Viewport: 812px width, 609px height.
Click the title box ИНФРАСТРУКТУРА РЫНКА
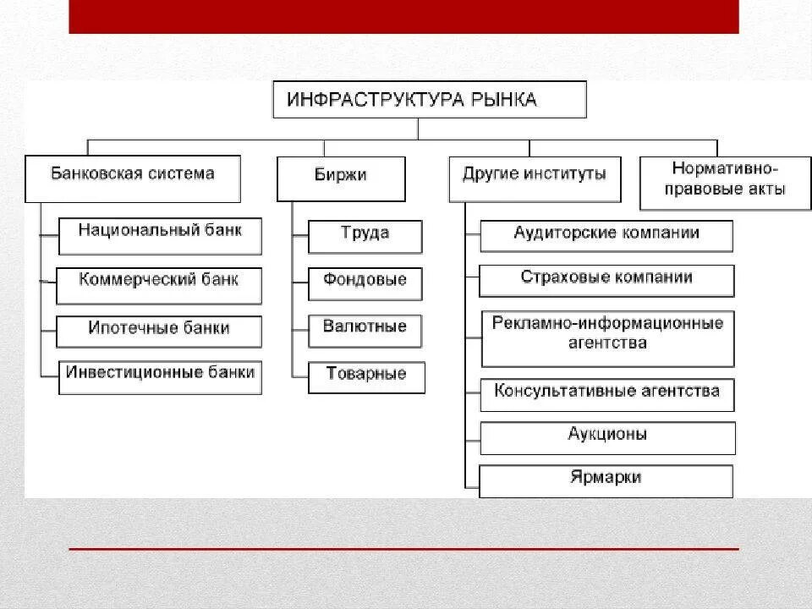(x=429, y=99)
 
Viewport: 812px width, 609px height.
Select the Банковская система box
(x=133, y=178)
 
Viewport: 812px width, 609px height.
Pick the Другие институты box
(x=534, y=178)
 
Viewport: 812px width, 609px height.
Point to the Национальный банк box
(x=160, y=235)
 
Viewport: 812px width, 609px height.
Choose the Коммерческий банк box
(x=159, y=285)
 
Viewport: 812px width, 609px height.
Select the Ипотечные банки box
(x=159, y=331)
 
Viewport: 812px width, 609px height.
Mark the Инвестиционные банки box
(x=160, y=376)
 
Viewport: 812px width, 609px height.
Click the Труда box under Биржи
(x=365, y=236)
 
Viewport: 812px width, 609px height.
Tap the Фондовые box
(x=365, y=283)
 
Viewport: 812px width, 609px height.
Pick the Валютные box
(x=365, y=330)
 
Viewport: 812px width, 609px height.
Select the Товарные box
(x=365, y=377)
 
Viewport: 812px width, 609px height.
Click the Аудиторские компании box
(x=606, y=236)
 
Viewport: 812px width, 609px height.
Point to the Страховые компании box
(x=606, y=280)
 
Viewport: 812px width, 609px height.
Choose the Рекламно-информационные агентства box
(x=606, y=337)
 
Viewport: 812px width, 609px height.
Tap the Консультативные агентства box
(x=606, y=394)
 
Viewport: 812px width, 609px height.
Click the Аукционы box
(x=607, y=437)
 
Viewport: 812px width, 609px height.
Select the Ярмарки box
(x=606, y=480)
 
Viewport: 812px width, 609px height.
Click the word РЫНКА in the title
(x=505, y=100)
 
